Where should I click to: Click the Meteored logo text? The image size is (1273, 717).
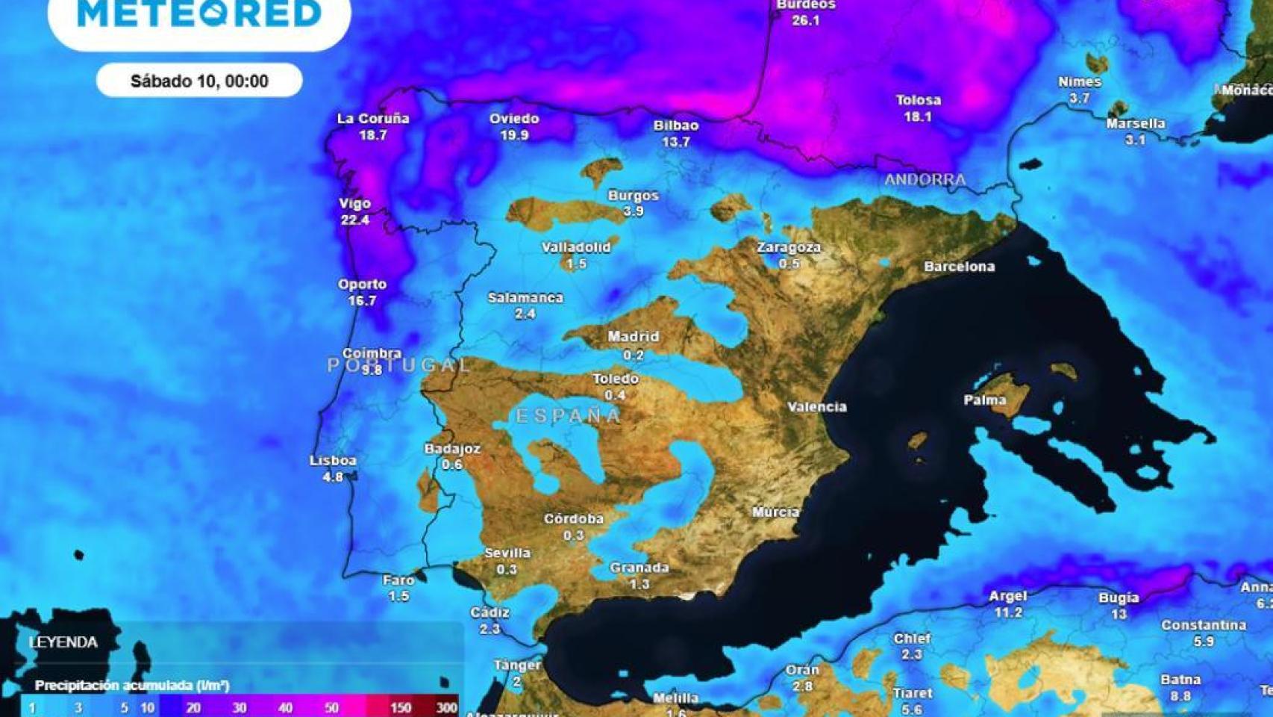click(199, 13)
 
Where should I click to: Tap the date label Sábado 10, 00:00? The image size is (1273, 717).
click(199, 81)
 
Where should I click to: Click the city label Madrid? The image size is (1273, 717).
click(633, 337)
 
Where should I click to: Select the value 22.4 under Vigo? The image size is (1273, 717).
click(355, 220)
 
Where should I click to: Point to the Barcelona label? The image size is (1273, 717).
click(959, 267)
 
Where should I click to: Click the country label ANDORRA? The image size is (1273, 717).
click(925, 179)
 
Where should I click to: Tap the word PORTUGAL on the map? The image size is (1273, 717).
click(399, 365)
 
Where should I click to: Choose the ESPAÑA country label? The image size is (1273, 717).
click(569, 416)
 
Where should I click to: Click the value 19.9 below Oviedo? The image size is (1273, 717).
click(514, 135)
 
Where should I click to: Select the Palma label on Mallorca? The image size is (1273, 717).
click(984, 400)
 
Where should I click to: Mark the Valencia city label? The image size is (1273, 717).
click(817, 407)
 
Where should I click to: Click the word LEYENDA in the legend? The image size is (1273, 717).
click(63, 642)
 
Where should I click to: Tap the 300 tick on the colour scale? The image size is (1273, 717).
click(446, 707)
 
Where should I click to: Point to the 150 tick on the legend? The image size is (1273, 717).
click(401, 707)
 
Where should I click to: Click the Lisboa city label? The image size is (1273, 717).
click(333, 461)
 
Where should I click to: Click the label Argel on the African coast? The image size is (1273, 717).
click(1007, 596)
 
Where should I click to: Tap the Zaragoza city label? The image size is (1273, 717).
click(789, 247)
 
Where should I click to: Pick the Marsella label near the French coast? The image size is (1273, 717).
click(1135, 123)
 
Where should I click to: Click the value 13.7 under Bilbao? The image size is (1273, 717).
click(675, 142)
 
